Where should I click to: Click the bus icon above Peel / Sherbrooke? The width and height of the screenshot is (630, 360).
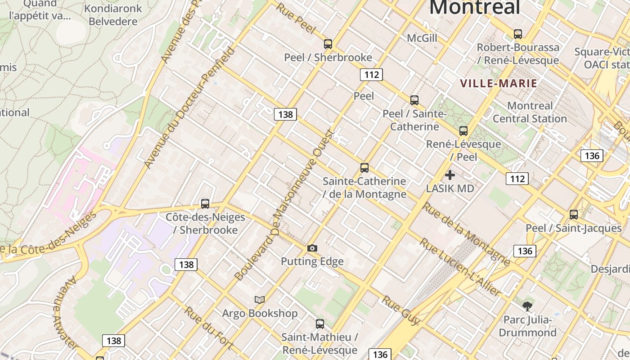pos(328,44)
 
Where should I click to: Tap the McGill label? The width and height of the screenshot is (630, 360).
pos(422,38)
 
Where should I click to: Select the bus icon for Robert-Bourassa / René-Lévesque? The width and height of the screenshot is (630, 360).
pos(518,34)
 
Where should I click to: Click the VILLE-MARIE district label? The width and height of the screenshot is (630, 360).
pos(499,83)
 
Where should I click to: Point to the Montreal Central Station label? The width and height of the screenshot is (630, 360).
pos(530,112)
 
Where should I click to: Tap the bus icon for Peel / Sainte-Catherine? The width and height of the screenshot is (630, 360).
pos(414,100)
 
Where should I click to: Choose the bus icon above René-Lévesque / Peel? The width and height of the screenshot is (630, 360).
pos(463,131)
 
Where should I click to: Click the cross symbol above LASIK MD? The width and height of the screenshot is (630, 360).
pos(450,175)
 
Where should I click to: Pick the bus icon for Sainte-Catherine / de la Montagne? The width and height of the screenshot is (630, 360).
pos(364,168)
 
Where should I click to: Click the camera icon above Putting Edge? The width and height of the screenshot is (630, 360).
pos(312,248)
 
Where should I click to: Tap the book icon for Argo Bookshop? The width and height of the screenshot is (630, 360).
pos(260,300)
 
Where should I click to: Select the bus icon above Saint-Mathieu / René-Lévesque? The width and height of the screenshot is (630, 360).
pos(320,324)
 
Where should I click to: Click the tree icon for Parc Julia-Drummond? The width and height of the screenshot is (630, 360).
pos(527,307)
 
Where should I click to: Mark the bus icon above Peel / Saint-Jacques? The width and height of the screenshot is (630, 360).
pos(574,215)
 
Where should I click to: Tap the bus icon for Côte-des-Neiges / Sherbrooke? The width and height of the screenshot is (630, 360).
pos(205,204)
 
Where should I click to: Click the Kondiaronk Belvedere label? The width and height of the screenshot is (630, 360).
pos(113,15)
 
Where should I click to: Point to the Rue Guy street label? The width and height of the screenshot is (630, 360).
pos(400,310)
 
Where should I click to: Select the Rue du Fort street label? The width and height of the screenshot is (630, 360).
pos(208,328)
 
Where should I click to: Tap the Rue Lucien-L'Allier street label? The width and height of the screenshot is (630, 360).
pos(460,268)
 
